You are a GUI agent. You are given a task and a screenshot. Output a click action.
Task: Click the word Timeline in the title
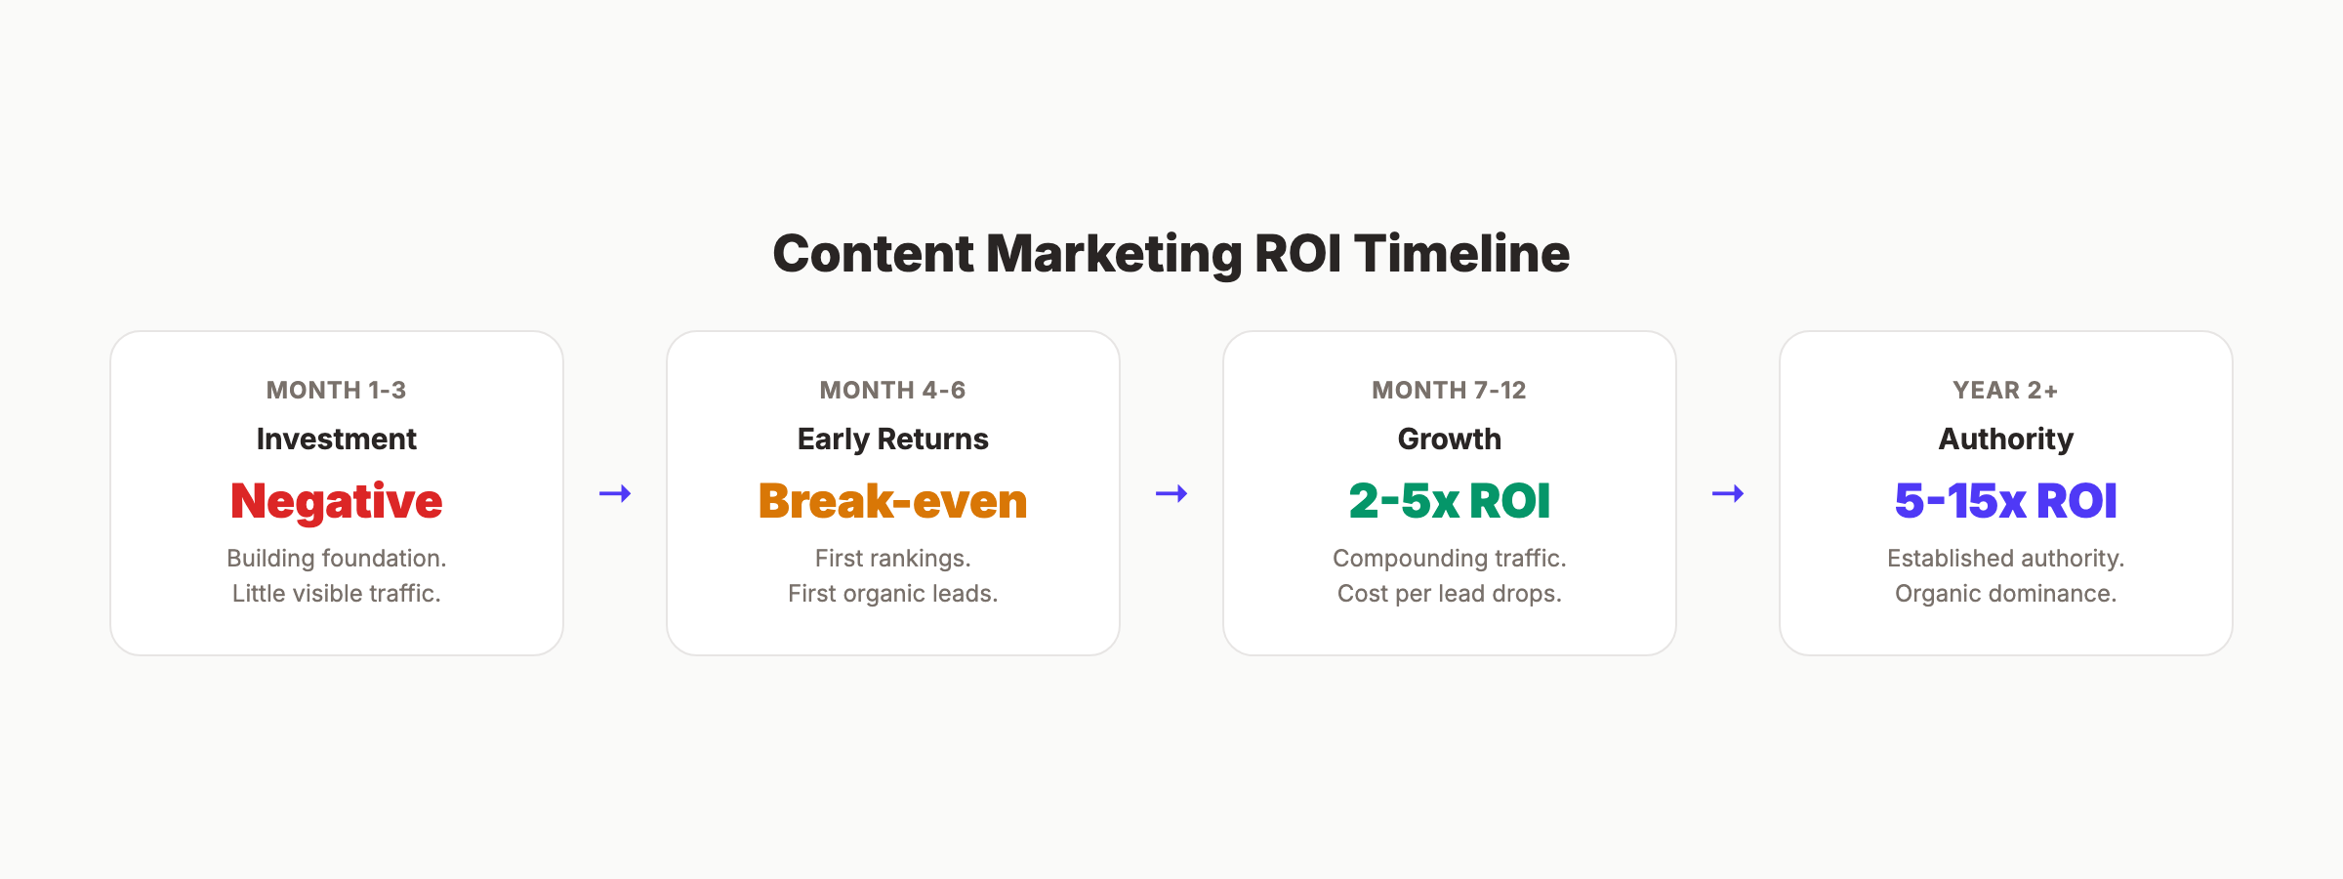1461,254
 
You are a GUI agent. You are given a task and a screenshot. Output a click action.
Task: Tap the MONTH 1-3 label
336,391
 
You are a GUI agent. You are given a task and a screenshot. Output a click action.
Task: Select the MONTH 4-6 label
892,391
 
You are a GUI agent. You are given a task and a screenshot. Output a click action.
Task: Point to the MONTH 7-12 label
1449,391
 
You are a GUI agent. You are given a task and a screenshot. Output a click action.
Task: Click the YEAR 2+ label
2005,391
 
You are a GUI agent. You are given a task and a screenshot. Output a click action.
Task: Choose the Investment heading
336,439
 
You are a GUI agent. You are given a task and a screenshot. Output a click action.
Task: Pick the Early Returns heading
892,439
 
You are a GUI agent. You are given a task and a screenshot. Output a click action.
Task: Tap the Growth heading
1449,439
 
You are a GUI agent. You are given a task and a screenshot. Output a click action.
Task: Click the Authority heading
2005,439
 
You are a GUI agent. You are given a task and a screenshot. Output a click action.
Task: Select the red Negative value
336,501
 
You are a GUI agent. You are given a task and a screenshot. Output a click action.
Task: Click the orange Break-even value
892,501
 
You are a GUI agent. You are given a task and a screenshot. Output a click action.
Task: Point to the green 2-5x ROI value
1449,501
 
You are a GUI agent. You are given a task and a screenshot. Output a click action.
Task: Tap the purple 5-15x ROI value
2005,501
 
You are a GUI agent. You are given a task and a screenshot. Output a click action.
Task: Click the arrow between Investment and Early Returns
615,493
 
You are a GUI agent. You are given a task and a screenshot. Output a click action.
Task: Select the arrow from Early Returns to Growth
1171,493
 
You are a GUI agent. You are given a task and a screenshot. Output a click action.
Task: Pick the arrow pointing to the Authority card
1728,493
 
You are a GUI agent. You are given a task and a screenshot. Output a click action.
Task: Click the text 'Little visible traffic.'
336,594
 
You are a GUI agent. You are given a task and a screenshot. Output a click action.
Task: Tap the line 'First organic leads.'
892,594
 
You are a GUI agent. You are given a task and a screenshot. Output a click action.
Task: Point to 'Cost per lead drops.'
1449,594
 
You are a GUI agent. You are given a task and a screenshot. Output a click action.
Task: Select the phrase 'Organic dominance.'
2005,594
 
